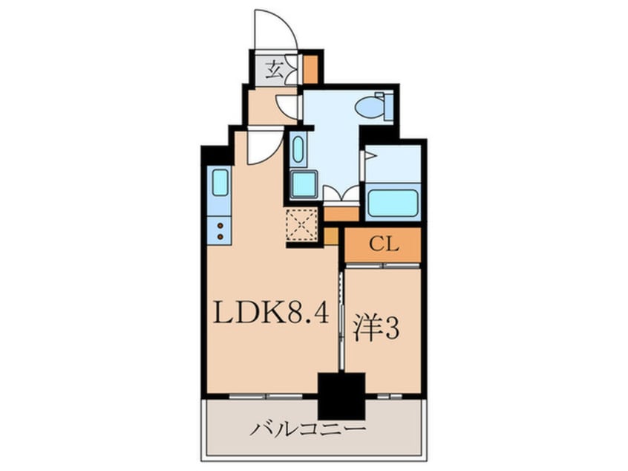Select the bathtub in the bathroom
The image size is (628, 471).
pyautogui.click(x=393, y=202)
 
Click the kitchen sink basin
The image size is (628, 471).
pyautogui.click(x=220, y=181)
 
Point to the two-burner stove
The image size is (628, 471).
pyautogui.click(x=220, y=230)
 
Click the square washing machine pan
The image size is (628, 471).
pyautogui.click(x=303, y=184)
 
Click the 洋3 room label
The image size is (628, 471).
pyautogui.click(x=376, y=330)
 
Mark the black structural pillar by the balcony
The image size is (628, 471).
pyautogui.click(x=341, y=396)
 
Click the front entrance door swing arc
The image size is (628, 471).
pyautogui.click(x=275, y=30)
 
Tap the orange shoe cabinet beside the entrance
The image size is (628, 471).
pyautogui.click(x=311, y=69)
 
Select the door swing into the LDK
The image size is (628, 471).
pyautogui.click(x=264, y=146)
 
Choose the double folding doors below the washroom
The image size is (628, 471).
pyautogui.click(x=341, y=195)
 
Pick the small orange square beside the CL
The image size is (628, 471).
pyautogui.click(x=331, y=236)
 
